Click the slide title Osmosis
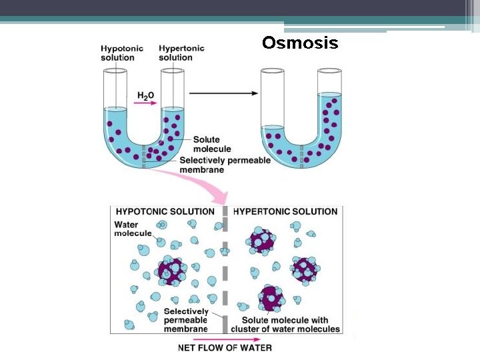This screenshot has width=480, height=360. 300,43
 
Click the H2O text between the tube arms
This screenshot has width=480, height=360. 145,96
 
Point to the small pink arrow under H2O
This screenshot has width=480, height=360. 145,104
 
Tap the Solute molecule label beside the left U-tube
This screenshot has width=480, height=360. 212,144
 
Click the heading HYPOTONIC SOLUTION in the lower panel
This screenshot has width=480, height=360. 165,211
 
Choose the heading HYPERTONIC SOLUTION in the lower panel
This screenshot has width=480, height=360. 285,211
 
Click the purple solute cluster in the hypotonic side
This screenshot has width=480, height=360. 173,271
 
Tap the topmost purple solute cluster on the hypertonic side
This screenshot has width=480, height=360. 261,241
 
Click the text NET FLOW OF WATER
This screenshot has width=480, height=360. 225,347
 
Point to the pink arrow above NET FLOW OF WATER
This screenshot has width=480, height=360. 225,338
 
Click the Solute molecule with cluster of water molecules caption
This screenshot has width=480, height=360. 285,324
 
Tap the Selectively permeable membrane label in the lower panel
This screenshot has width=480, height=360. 185,320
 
